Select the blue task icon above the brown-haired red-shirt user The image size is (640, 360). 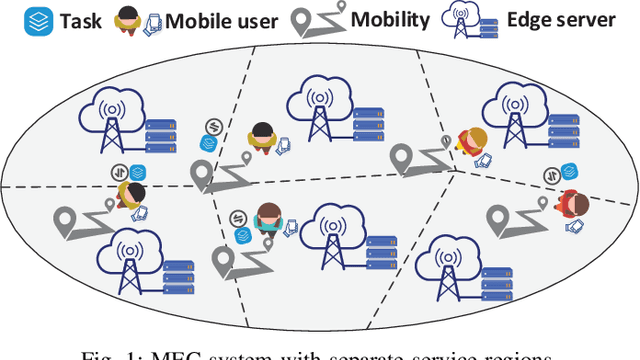pyautogui.click(x=568, y=171)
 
